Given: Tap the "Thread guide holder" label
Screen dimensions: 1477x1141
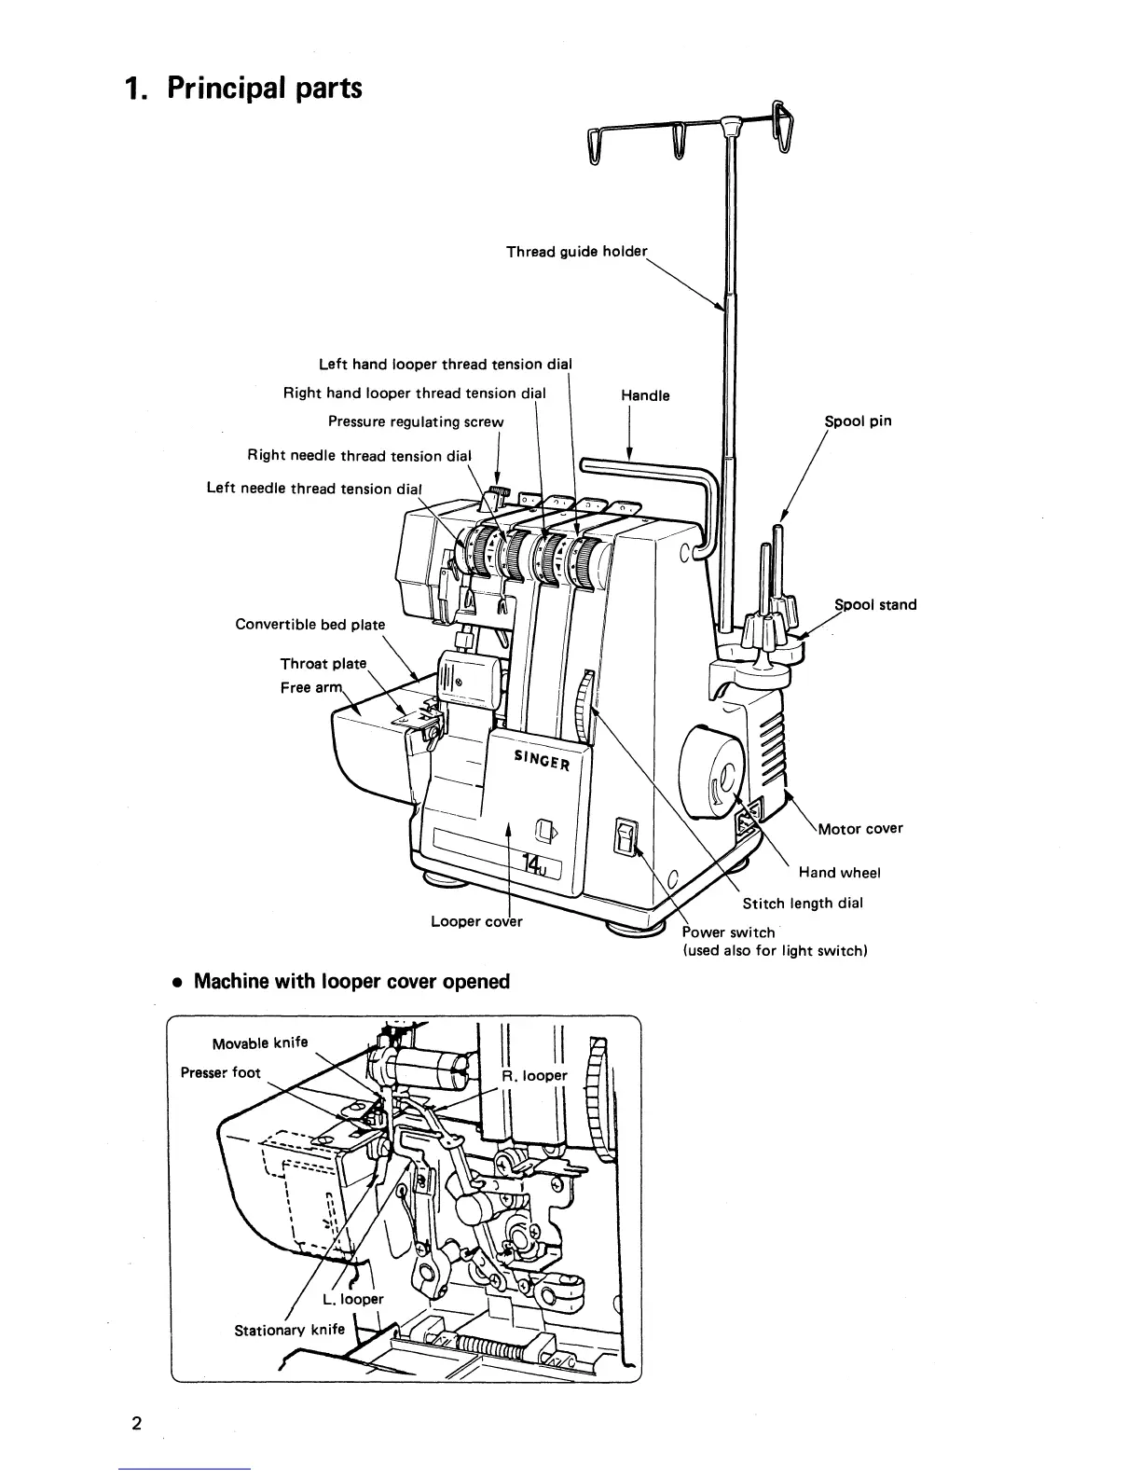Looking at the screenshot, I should (x=576, y=252).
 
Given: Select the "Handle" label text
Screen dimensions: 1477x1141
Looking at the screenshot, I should (x=645, y=395).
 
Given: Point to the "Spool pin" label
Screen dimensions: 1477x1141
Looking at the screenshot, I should (x=858, y=421).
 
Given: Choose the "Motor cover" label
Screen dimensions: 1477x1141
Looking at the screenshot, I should (x=859, y=828).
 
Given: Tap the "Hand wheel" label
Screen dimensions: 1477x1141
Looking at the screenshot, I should (x=839, y=873).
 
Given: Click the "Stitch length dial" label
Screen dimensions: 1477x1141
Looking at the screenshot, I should (x=803, y=903).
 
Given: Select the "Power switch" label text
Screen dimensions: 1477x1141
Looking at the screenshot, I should (x=728, y=932).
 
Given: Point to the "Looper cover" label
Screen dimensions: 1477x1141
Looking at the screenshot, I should (x=476, y=921).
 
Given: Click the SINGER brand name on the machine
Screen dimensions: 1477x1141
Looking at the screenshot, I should (x=542, y=760).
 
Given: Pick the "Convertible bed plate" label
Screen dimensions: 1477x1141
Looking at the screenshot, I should (x=309, y=624).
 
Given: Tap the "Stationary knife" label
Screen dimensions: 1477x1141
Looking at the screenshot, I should (x=289, y=1330).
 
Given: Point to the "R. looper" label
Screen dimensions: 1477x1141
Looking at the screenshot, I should (x=533, y=1075).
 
